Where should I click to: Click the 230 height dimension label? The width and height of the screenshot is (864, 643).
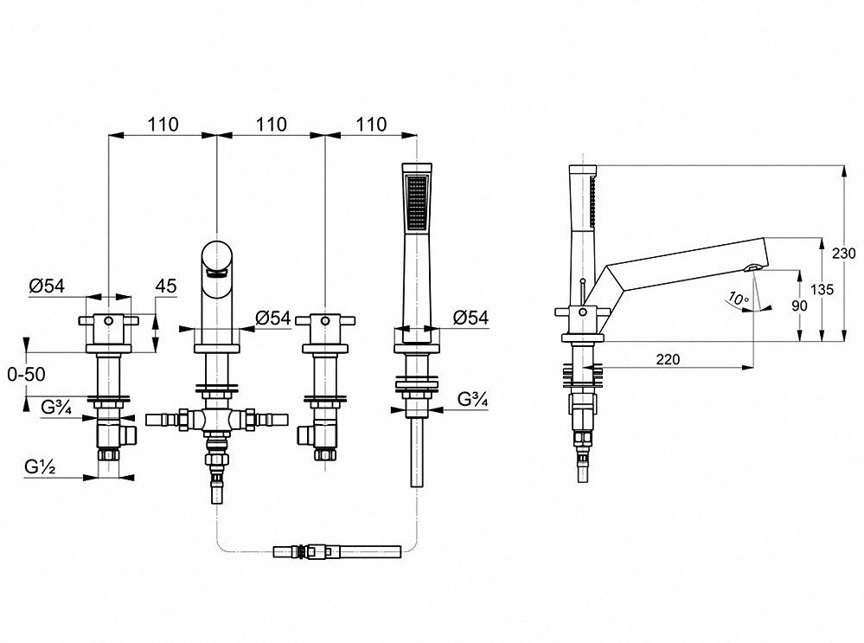coord(844,254)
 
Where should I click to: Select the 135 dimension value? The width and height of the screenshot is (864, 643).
coord(822,290)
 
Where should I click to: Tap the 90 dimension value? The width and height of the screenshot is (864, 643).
coord(799,305)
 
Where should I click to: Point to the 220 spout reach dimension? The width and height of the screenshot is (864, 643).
coord(668,359)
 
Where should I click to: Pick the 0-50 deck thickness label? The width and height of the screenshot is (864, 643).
coord(27,375)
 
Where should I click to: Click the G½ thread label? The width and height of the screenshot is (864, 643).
coord(41,467)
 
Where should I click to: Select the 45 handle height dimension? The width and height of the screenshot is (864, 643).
coord(166,286)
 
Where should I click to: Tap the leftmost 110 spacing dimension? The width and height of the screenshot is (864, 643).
coord(163,125)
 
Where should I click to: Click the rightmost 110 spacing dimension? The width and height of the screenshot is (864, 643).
coord(371,125)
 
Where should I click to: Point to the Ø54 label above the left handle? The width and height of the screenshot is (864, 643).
coord(47,286)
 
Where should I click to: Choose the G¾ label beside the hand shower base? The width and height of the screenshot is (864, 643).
coord(473,399)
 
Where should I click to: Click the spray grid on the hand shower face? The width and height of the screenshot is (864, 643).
coord(417,203)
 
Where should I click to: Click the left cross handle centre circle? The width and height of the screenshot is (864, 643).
coord(109,320)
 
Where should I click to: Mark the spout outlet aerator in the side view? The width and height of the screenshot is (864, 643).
coord(752,268)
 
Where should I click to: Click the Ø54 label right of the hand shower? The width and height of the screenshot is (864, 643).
coord(470,318)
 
